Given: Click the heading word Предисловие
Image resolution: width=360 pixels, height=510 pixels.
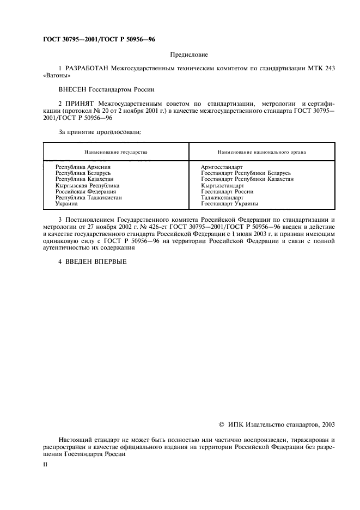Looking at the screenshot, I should [189, 54].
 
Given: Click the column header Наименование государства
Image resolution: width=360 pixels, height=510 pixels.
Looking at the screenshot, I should [115, 152].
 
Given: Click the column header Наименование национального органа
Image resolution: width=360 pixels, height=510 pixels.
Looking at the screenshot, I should [261, 152].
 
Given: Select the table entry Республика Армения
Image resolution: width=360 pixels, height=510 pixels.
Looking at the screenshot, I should [83, 167].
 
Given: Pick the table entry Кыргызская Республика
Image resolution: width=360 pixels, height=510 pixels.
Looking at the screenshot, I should [87, 185].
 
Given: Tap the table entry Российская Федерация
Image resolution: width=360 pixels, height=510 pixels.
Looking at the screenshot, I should [86, 192].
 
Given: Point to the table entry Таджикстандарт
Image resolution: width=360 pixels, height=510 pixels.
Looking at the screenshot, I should [222, 198].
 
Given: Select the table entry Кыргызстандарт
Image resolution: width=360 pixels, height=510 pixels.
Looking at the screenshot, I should [222, 185].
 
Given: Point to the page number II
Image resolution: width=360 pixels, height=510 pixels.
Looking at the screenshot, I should [45, 465].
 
